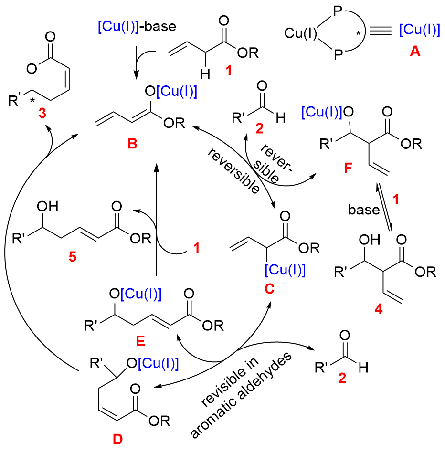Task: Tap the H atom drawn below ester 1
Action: tap(205, 73)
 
